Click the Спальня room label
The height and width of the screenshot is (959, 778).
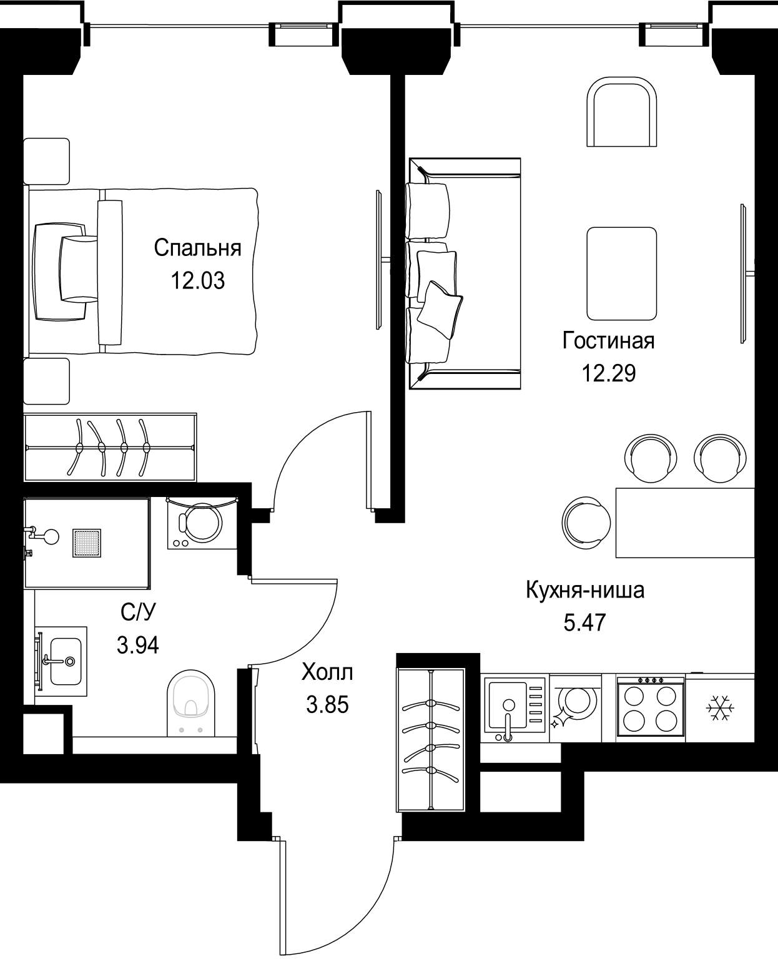coord(198,248)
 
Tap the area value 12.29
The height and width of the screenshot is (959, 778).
coord(609,373)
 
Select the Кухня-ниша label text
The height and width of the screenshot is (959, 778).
coord(585,590)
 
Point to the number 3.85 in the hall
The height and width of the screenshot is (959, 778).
coord(327,705)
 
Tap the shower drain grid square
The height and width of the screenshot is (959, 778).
coord(87,543)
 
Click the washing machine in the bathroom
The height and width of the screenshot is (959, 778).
coord(202,523)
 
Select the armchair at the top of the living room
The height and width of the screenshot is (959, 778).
coord(622,112)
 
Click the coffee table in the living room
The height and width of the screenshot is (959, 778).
coord(622,273)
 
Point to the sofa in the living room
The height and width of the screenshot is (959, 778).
coord(465,273)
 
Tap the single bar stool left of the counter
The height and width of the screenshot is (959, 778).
coord(586,523)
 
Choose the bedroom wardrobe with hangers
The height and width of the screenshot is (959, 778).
coord(111,448)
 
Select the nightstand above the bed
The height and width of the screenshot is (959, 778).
coord(46,161)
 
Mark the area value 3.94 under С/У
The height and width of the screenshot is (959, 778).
coord(138,646)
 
